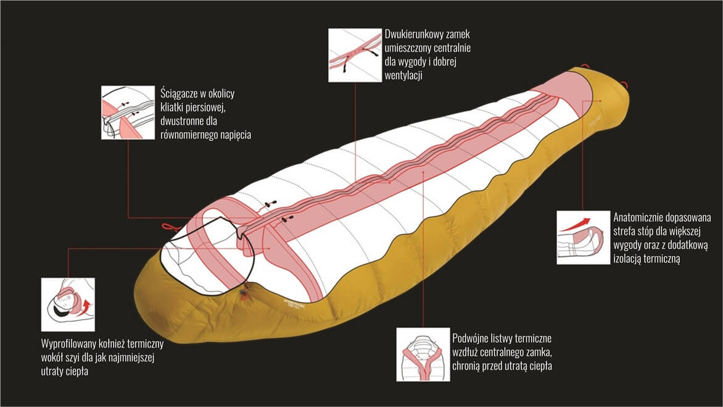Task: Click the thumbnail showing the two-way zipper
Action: (355, 55)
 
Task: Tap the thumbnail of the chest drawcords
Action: (128, 112)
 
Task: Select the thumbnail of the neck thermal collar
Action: (68, 304)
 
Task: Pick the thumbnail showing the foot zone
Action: (583, 237)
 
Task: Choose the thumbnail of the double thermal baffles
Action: (423, 354)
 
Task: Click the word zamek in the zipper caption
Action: (457, 34)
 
